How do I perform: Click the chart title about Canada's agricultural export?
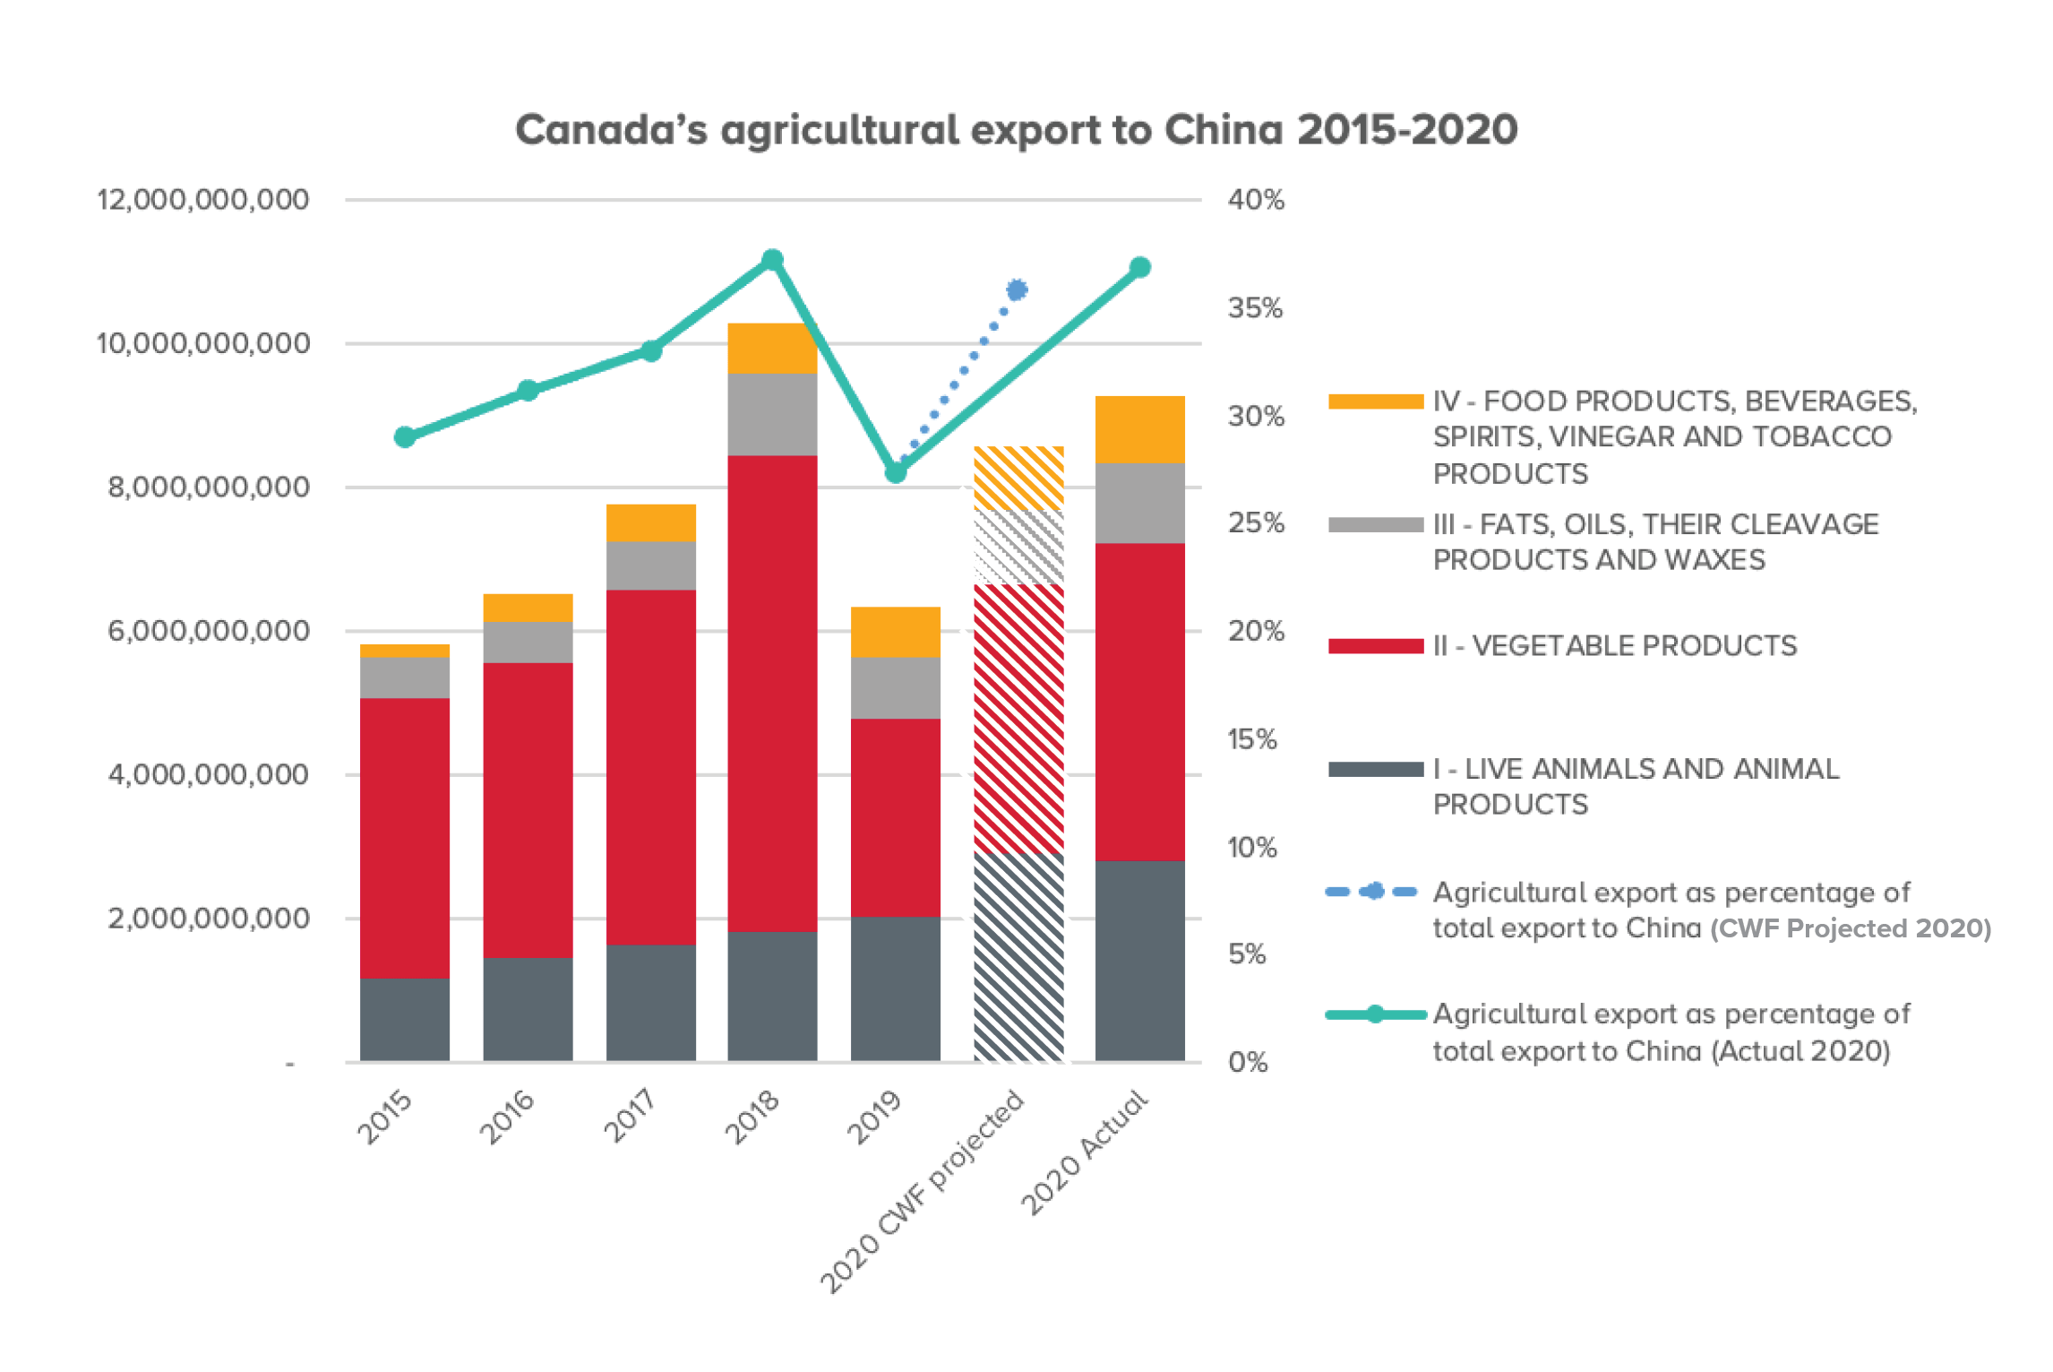pyautogui.click(x=1016, y=130)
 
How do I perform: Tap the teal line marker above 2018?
pyautogui.click(x=772, y=260)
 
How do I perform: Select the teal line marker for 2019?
pyautogui.click(x=895, y=472)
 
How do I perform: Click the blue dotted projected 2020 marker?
pyautogui.click(x=1017, y=289)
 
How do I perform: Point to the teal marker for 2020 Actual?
pyautogui.click(x=1139, y=267)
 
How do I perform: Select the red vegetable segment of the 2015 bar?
pyautogui.click(x=405, y=837)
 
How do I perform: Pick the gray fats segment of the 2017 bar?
pyautogui.click(x=651, y=565)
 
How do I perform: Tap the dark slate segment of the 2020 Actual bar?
pyautogui.click(x=1139, y=961)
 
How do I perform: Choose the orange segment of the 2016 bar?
pyautogui.click(x=528, y=608)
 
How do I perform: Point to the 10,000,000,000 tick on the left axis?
pyautogui.click(x=203, y=343)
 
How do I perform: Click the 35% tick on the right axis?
pyautogui.click(x=1255, y=308)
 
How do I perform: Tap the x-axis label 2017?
pyautogui.click(x=630, y=1116)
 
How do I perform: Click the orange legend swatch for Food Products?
pyautogui.click(x=1375, y=401)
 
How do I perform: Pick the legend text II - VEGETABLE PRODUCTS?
pyautogui.click(x=1614, y=645)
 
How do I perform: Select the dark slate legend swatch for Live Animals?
pyautogui.click(x=1375, y=769)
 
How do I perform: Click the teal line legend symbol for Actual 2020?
pyautogui.click(x=1375, y=1014)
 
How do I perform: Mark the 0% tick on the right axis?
pyautogui.click(x=1248, y=1063)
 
